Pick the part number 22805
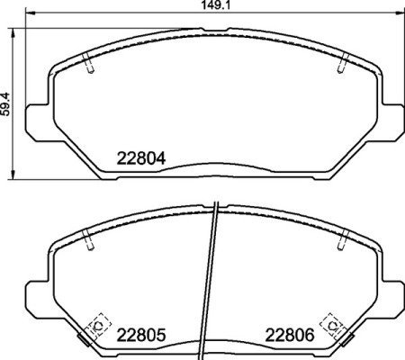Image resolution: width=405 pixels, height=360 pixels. (141, 335)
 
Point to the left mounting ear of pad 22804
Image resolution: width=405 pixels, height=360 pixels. (34, 118)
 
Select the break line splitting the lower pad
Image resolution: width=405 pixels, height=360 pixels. (212, 279)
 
